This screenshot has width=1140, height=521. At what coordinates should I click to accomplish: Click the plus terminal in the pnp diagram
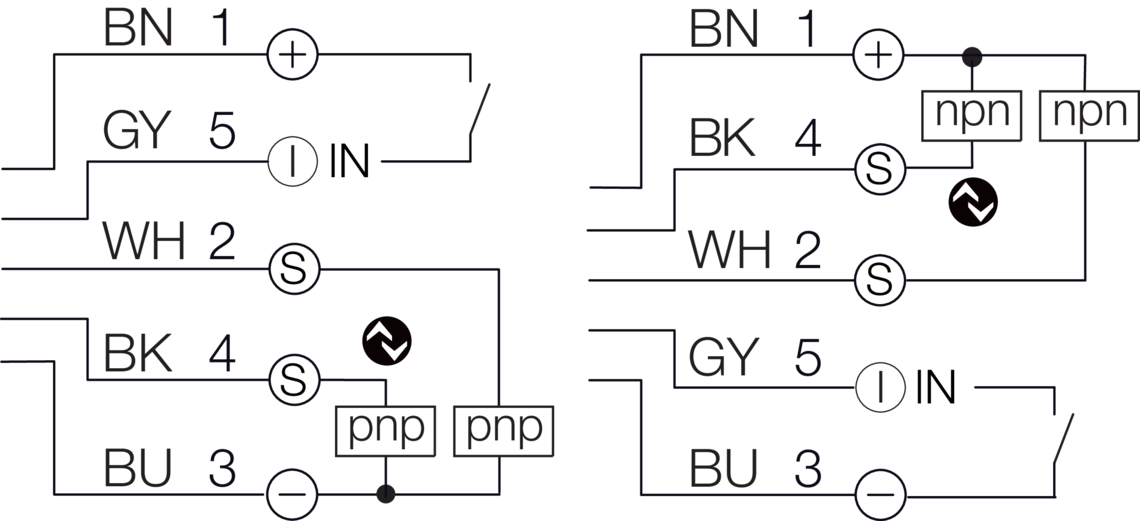292,54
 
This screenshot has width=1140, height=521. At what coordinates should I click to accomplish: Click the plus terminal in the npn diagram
878,54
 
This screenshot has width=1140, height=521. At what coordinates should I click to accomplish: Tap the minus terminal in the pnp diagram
292,493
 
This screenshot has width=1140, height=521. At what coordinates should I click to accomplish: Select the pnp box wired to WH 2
503,428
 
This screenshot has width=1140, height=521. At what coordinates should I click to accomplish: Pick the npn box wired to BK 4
970,112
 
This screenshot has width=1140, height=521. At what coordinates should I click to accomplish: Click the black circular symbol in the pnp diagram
387,342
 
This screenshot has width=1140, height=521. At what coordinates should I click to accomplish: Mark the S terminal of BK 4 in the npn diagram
878,169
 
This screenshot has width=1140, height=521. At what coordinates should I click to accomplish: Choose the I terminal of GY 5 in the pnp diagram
292,160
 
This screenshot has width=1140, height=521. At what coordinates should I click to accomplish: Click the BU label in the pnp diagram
138,467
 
